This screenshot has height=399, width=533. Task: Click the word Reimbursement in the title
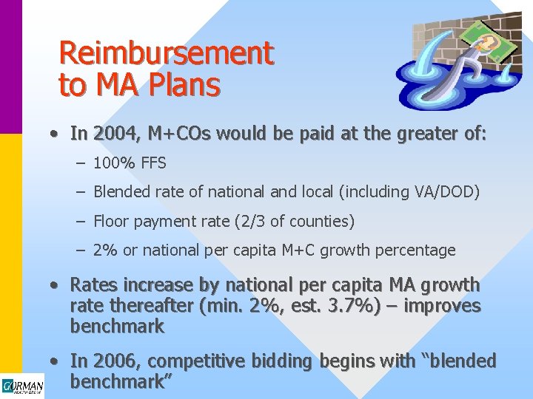pos(166,53)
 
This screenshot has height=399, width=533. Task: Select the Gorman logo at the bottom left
pos(22,386)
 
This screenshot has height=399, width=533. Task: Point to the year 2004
pos(115,134)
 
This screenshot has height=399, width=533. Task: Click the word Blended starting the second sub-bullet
pos(123,192)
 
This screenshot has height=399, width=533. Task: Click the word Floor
pos(112,221)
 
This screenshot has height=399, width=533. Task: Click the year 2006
pos(115,361)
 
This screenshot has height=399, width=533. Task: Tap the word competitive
pos(195,361)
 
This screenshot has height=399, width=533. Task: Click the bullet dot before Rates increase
pos(55,285)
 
